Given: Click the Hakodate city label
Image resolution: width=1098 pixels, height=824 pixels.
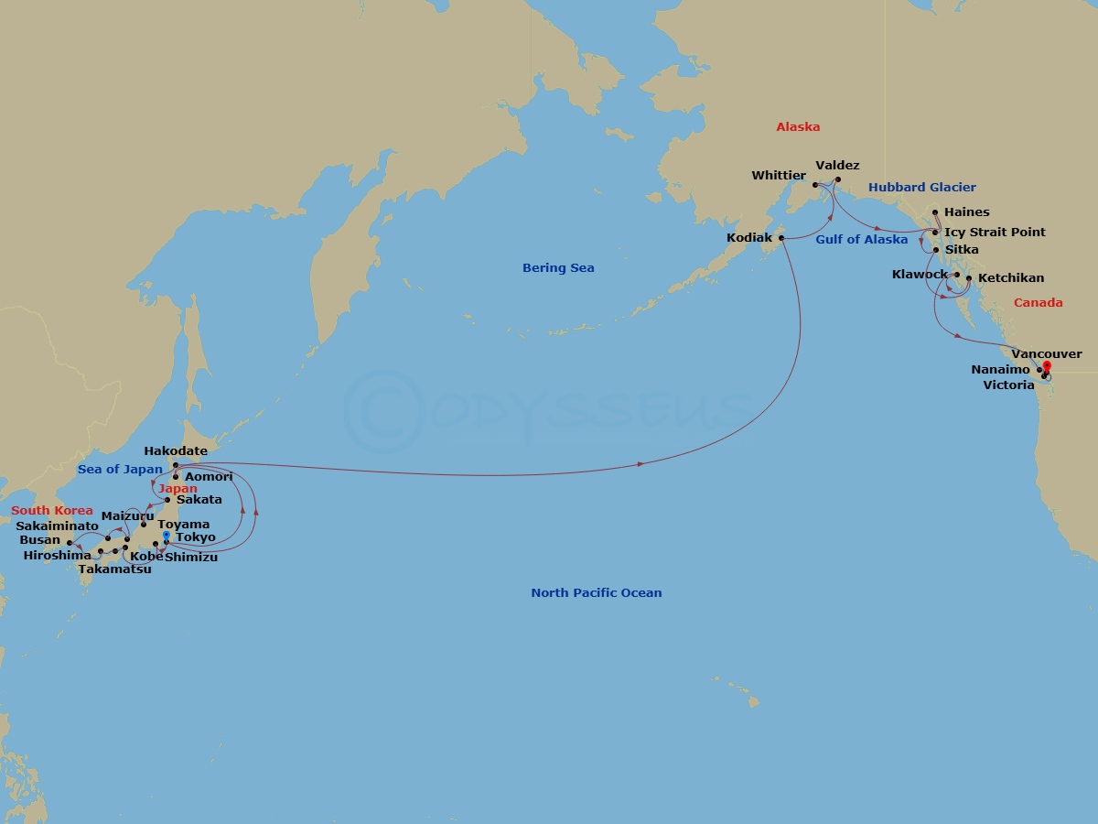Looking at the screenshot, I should tap(175, 451).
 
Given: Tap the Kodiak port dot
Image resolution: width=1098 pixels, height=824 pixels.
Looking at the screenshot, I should tap(781, 238).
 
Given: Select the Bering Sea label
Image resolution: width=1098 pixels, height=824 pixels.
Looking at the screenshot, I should tap(558, 268).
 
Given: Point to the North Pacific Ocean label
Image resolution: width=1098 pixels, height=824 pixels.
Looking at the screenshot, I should tap(596, 593).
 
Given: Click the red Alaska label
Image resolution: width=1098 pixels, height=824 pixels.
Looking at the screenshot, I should tap(798, 127).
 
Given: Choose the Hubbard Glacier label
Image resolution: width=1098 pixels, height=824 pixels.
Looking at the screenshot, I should tap(921, 188).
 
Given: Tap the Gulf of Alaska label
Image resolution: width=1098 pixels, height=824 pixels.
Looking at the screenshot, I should tap(861, 240).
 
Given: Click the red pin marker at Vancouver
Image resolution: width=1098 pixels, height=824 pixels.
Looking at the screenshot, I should tap(1047, 368).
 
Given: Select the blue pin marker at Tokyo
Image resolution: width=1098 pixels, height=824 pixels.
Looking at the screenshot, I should tap(166, 537).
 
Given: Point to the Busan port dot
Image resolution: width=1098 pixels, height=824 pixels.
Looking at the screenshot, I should tap(70, 543).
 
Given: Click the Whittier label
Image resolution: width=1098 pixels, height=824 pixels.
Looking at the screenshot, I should tap(779, 176).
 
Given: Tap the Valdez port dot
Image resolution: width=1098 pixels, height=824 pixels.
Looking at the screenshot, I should tap(837, 179).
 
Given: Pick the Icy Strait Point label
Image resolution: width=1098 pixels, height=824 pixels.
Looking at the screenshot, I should tap(995, 233).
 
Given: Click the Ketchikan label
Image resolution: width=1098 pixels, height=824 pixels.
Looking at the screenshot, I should tap(1010, 278).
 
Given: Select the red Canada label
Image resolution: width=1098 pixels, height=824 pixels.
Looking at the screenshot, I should tap(1038, 303).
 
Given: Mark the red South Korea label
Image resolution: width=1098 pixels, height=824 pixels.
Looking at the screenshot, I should tap(52, 511).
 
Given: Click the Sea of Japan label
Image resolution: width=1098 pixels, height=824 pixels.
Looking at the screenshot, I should tap(120, 470).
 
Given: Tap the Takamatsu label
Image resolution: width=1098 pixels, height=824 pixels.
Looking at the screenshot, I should tap(114, 569).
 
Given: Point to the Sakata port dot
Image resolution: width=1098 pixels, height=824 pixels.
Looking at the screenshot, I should tap(167, 500).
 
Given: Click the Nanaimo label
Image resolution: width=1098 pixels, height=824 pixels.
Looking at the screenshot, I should tap(1002, 370).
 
